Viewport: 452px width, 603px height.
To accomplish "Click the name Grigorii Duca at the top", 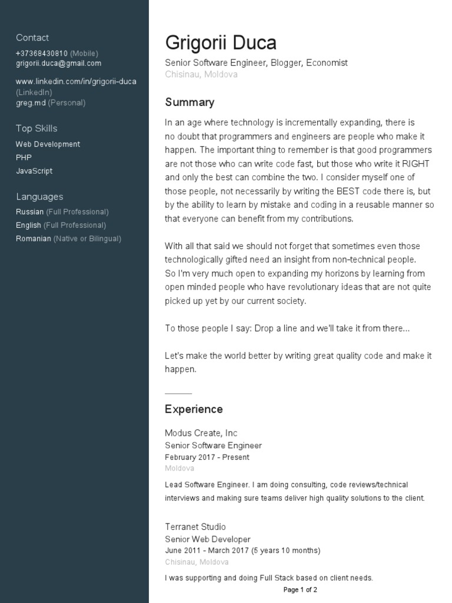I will click(x=221, y=42).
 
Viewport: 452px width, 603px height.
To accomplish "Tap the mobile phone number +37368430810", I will click(x=42, y=53).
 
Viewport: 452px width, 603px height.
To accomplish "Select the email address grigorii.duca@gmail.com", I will click(x=58, y=63).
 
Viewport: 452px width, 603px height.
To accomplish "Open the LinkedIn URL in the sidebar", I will click(x=76, y=81).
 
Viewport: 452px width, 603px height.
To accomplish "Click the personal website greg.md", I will click(x=31, y=102).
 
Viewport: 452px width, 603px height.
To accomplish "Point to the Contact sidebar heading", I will click(x=32, y=38).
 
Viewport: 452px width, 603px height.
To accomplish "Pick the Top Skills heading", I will click(x=36, y=128).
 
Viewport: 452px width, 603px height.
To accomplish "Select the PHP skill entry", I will click(x=24, y=157).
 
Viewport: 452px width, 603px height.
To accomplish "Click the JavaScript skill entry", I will click(x=34, y=171).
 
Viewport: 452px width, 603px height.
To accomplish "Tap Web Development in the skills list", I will click(x=48, y=144).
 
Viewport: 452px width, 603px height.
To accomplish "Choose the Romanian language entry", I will click(x=34, y=238).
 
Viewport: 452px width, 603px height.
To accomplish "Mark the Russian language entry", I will click(x=29, y=211).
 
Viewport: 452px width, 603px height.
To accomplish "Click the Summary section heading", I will click(x=190, y=102).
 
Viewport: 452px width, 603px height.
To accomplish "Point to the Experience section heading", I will click(x=194, y=409).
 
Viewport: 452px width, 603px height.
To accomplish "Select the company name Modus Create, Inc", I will click(x=201, y=433).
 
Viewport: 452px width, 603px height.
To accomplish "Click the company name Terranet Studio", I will click(x=195, y=526).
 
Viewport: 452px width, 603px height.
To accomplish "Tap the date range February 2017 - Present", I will click(x=207, y=457).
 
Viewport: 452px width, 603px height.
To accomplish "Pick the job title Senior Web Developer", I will click(x=208, y=539).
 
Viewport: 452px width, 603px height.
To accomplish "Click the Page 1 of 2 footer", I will click(x=300, y=589).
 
